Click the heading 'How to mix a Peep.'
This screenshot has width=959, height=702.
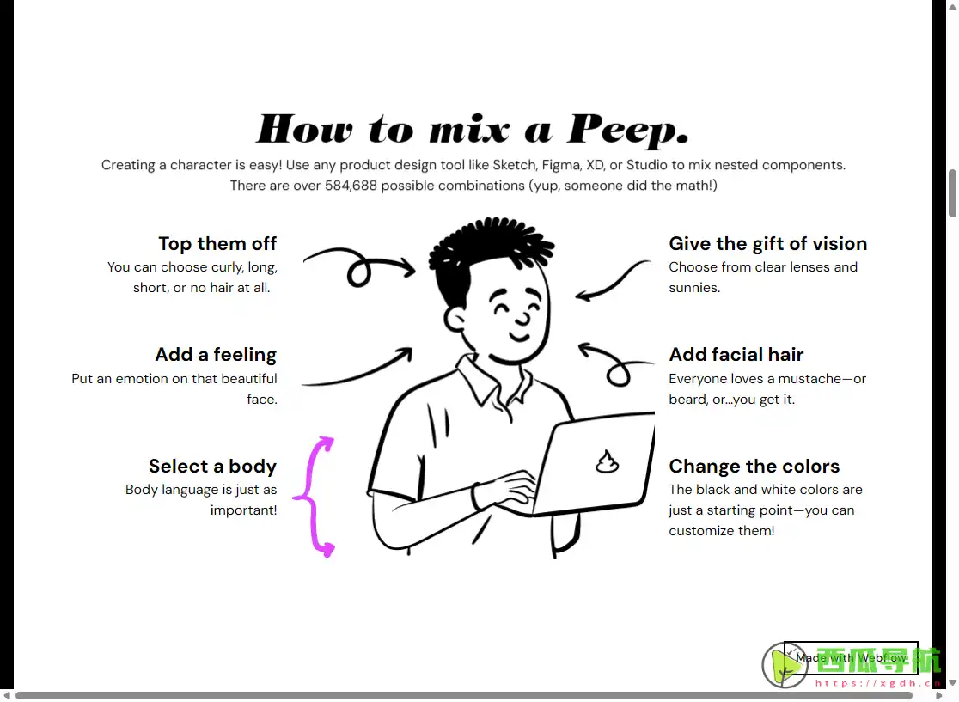tap(473, 129)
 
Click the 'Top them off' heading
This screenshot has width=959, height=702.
tap(217, 244)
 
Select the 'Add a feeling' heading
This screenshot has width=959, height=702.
tap(216, 355)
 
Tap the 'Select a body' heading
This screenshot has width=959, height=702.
tap(212, 467)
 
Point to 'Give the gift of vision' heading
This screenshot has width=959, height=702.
tap(767, 244)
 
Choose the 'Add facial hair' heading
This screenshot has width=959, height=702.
tap(736, 355)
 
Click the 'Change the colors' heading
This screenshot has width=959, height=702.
tap(754, 467)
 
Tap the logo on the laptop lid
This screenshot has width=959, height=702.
tap(607, 462)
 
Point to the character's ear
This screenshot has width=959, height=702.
tap(455, 320)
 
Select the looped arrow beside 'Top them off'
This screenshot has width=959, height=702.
tap(359, 266)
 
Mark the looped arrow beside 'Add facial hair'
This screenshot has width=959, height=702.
tap(614, 364)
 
